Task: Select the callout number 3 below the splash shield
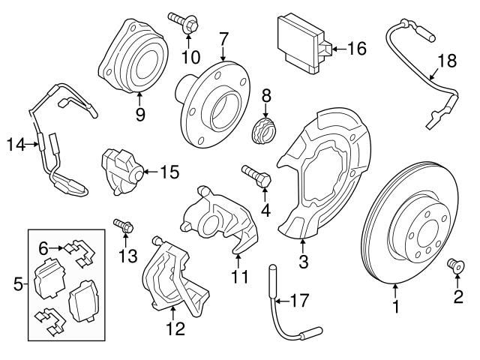(x=303, y=261)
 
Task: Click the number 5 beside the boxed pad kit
(x=18, y=283)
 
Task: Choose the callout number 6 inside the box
(x=43, y=247)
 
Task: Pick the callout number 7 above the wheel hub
(x=223, y=37)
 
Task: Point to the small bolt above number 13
(x=123, y=224)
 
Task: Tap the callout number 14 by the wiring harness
(x=16, y=144)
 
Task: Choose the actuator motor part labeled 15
(x=120, y=170)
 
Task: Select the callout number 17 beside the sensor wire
(x=299, y=302)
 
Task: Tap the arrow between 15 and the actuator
(x=150, y=172)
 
